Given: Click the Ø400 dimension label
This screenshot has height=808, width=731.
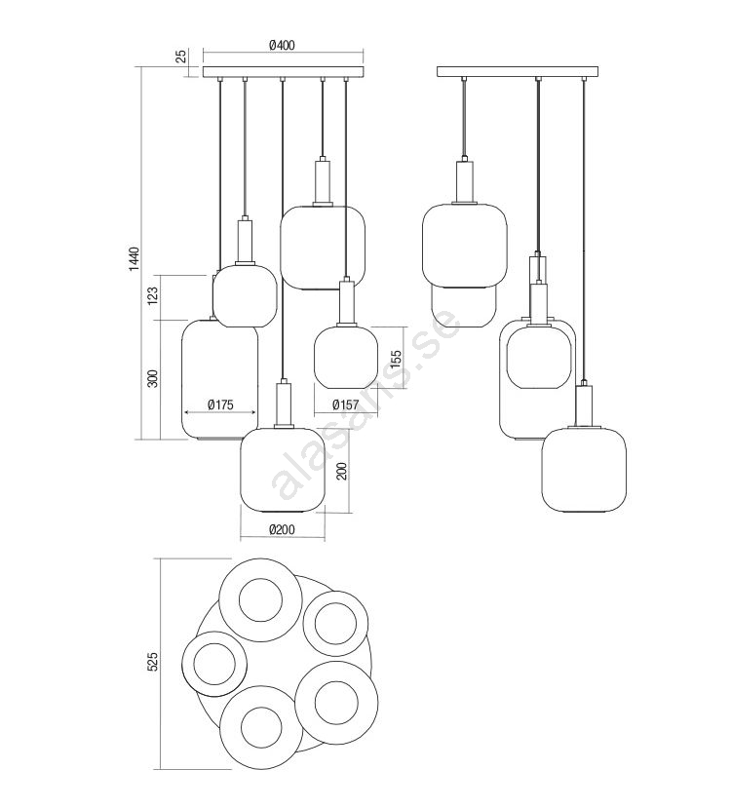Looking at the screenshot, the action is click(x=282, y=46).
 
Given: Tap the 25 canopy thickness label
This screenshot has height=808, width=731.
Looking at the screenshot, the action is click(x=182, y=57).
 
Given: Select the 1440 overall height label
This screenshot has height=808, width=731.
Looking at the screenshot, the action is click(x=134, y=259).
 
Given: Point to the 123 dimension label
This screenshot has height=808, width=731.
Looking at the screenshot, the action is click(x=153, y=296).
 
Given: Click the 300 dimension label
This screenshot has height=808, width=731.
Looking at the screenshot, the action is click(x=153, y=379).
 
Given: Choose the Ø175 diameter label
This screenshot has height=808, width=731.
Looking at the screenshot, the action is click(x=220, y=405).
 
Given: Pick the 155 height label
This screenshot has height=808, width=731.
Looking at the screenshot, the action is click(x=396, y=360).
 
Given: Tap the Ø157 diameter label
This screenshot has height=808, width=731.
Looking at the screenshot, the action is click(x=345, y=405).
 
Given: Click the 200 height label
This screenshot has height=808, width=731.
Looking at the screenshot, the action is click(x=342, y=471).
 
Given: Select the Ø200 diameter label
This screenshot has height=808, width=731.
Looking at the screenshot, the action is click(x=283, y=530).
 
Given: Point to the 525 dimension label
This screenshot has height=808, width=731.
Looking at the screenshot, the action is click(x=153, y=661).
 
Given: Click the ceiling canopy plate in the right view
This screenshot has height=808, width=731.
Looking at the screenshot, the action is click(x=518, y=71).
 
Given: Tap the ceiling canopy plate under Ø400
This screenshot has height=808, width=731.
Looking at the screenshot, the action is click(x=284, y=71).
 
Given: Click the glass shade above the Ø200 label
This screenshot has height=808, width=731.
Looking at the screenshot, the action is click(x=283, y=470).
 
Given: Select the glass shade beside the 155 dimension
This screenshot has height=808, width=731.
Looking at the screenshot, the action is click(x=346, y=357).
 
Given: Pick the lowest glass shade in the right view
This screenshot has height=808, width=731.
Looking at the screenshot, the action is click(x=584, y=470).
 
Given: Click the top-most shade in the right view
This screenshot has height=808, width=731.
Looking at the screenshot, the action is click(x=464, y=246).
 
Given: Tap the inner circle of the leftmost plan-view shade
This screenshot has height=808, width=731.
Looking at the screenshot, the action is click(x=214, y=664).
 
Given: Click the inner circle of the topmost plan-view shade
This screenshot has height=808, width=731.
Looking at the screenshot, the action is click(x=260, y=599).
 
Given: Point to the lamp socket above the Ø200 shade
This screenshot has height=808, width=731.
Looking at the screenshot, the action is click(x=284, y=405).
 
